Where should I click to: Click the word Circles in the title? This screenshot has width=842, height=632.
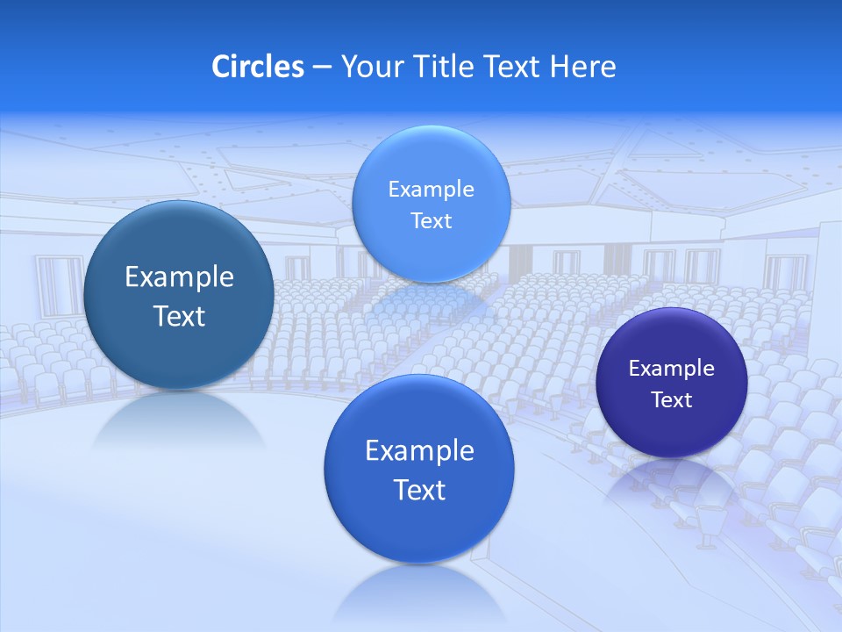point(258,67)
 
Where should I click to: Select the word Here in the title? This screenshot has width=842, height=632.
point(583,67)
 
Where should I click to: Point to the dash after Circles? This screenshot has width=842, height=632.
point(322,68)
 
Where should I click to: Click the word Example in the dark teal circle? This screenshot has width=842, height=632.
point(179,277)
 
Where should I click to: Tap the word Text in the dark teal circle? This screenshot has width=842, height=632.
point(179,316)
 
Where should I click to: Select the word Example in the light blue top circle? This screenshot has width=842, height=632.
point(431,190)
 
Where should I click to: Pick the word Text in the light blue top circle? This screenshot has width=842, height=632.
point(431,220)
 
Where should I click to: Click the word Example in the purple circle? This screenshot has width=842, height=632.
point(671,369)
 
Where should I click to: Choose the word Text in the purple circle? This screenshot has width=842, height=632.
point(672,400)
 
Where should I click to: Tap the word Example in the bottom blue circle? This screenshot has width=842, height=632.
point(419,451)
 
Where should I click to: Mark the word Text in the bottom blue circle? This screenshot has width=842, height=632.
point(419,490)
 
